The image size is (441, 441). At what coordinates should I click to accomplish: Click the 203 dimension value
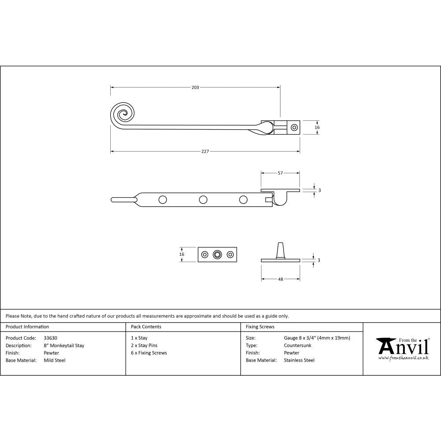195,87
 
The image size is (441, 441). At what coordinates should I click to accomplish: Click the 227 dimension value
205,151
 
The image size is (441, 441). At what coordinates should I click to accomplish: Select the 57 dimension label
280,173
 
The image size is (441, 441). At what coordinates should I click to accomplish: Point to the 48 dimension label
280,279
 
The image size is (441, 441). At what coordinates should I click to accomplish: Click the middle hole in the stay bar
203,200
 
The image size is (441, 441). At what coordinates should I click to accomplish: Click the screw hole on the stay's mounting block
294,127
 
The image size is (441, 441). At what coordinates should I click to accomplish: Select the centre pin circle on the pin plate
217,254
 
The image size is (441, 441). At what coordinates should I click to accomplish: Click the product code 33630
51,338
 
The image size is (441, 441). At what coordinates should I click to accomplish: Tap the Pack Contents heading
146,327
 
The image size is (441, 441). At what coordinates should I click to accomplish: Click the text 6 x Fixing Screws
149,353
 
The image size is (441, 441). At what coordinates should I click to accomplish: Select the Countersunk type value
298,345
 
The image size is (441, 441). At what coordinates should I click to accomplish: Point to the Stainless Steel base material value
299,360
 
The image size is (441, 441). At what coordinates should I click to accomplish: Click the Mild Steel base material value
55,360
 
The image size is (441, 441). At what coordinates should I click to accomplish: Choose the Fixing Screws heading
260,327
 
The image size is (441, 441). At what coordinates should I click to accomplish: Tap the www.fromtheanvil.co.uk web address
404,358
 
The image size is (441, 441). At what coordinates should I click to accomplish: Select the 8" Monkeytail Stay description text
64,345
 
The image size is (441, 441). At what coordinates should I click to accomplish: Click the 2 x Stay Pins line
144,345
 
